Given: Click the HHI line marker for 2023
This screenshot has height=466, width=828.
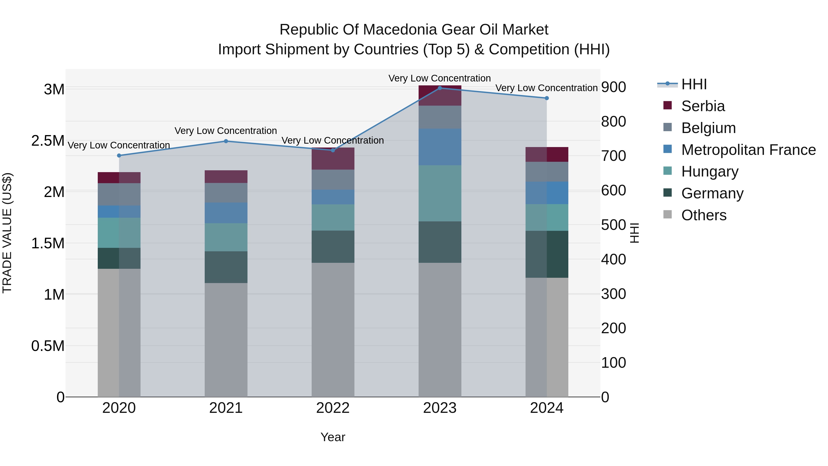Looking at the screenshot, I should pos(440,88).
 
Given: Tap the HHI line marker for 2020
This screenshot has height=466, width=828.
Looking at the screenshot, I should pos(119,155).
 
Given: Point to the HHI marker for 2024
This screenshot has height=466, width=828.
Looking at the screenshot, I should pos(547,98).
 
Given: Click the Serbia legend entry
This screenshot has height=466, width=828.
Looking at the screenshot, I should pos(703,106).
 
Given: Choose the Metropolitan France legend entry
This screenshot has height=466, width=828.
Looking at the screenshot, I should pos(748,150).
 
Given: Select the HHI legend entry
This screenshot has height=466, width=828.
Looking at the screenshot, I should pos(694,84).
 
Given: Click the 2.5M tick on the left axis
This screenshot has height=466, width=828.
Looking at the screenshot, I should pos(48,141).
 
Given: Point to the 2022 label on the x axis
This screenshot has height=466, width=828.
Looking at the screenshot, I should pos(333,408).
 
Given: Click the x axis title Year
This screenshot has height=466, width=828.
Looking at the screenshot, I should pos(333,437).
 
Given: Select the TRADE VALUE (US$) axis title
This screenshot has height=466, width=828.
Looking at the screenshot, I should pos(7,233).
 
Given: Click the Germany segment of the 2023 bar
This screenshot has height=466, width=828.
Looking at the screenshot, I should pos(440,242).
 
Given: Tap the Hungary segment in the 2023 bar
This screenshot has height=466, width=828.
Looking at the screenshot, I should pos(440,193).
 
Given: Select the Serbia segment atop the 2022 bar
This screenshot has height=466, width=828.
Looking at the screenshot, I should pos(333,159).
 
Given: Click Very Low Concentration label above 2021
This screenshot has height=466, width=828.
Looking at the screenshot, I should pos(226,131).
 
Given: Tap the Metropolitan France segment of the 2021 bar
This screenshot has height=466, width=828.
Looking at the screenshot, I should pos(226,213).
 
